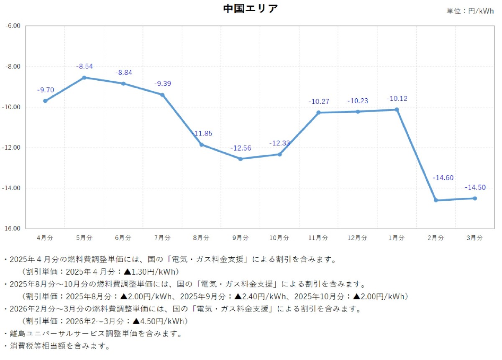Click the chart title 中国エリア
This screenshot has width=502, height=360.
[250, 9]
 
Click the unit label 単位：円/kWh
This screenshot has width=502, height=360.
[470, 11]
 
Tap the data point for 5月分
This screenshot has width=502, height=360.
[84, 77]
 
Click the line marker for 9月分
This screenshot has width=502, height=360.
[240, 159]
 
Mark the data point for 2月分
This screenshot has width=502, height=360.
[436, 200]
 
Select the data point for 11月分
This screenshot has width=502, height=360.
[318, 112]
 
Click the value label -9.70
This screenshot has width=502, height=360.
[45, 90]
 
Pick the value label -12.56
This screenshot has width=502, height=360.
[240, 148]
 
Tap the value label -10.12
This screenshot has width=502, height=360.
[397, 99]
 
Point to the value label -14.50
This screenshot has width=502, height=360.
[475, 188]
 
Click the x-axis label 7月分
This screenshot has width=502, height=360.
[162, 237]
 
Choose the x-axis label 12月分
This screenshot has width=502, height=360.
[357, 237]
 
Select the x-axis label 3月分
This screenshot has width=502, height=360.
[475, 237]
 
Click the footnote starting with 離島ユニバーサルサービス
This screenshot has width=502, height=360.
[92, 334]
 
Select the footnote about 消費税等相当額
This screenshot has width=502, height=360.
[56, 346]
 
